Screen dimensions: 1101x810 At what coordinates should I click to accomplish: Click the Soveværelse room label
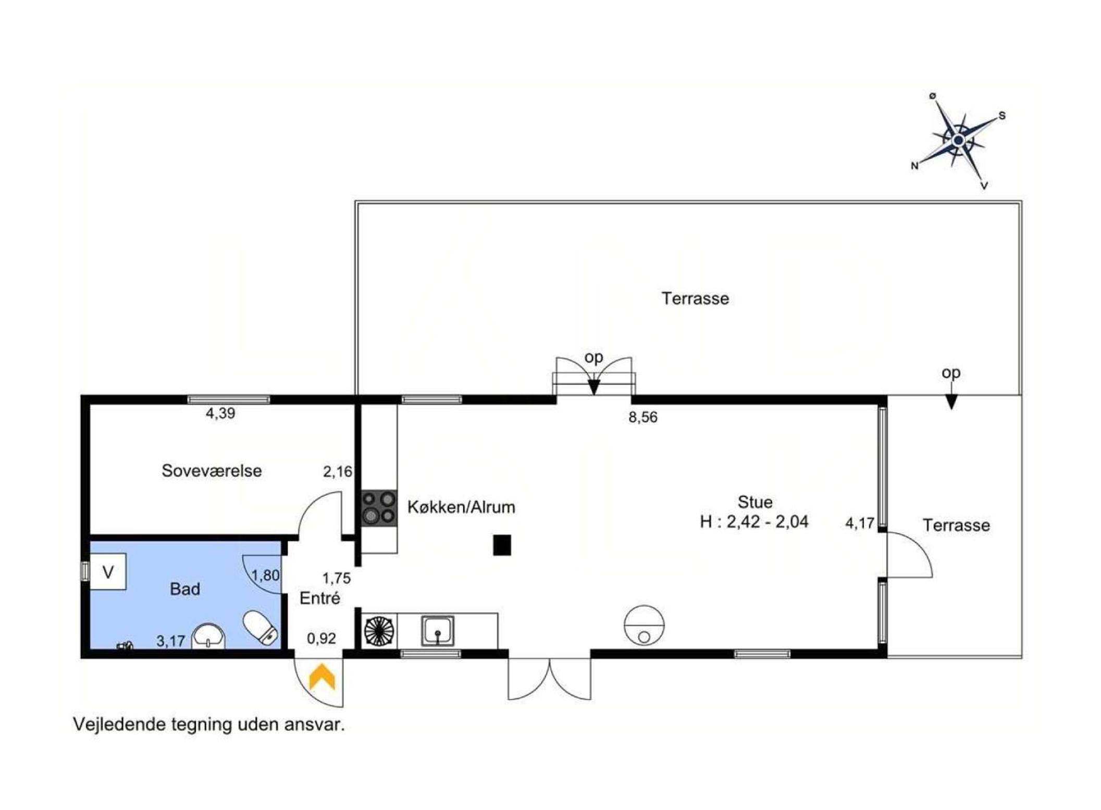212,471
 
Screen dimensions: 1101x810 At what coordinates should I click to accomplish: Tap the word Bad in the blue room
185,589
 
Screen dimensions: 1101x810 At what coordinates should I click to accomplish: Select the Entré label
320,598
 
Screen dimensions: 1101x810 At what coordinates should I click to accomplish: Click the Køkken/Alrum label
461,507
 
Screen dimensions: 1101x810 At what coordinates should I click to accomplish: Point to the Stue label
755,502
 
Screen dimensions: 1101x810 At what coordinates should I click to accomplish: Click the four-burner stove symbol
379,508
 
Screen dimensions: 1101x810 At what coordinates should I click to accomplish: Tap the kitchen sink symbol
438,631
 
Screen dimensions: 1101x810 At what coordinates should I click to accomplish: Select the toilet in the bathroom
261,628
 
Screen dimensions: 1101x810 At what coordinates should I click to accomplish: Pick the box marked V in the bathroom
108,572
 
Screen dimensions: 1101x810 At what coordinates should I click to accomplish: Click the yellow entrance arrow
322,676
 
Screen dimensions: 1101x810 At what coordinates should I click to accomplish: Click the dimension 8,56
643,417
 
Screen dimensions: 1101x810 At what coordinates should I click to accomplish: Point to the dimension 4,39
220,413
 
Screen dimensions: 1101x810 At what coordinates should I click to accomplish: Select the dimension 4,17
860,523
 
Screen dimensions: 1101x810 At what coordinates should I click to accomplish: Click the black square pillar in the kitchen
502,545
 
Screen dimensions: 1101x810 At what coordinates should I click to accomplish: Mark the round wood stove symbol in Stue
644,625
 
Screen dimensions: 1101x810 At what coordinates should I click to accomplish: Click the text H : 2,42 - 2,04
754,522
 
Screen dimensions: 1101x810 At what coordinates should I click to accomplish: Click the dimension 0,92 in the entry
321,638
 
